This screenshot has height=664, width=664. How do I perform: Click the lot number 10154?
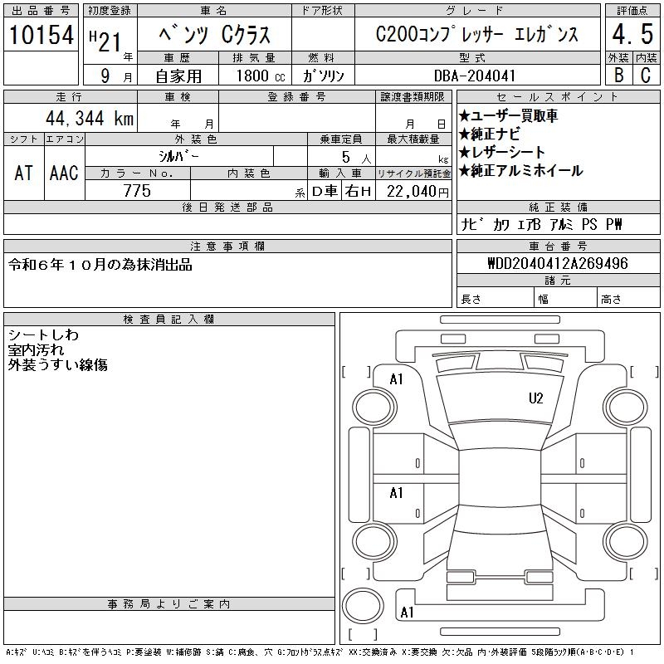click(x=41, y=35)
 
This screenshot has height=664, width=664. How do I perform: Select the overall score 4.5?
click(x=632, y=34)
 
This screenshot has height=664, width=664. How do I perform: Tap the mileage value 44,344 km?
click(x=90, y=118)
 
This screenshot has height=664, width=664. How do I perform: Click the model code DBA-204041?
click(x=475, y=76)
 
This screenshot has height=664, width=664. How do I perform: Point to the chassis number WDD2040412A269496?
click(x=558, y=263)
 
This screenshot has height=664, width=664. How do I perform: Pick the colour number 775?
click(x=137, y=191)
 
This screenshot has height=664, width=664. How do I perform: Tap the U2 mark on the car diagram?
click(x=535, y=398)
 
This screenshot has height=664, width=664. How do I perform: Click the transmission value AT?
click(x=24, y=173)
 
